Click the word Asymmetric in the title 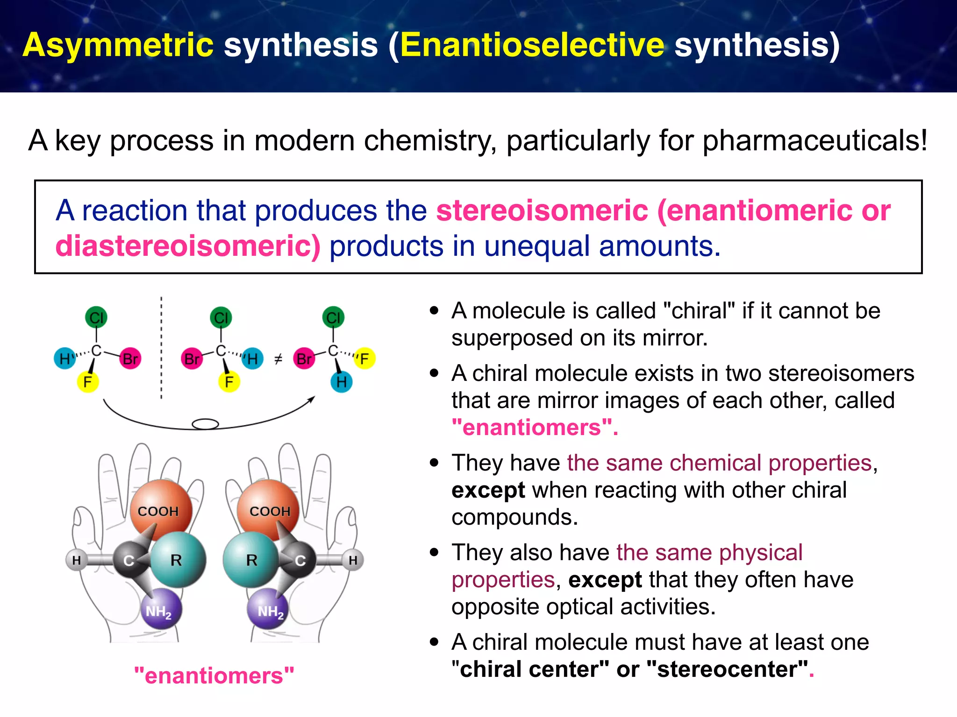tap(118, 45)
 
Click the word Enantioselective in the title tap(532, 45)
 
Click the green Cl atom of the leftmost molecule tap(96, 318)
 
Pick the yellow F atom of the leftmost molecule tap(87, 382)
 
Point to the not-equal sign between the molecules tap(278, 359)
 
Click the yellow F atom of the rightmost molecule tap(364, 358)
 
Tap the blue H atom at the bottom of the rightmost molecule tap(342, 382)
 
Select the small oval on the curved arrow tap(206, 424)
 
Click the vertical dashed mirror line tap(161, 348)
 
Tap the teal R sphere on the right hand tap(251, 559)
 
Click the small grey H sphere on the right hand tap(353, 560)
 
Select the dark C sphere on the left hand tap(129, 560)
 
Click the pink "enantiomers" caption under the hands tap(214, 675)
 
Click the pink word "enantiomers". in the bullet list tap(534, 428)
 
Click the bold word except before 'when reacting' tap(488, 490)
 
